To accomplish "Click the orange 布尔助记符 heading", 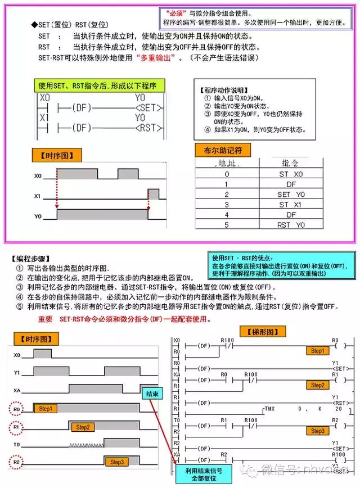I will (223, 151).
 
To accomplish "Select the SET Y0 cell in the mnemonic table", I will (291, 195).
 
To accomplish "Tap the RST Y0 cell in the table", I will (291, 225).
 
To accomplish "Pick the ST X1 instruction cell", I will (291, 205).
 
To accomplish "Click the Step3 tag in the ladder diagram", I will (317, 431).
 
